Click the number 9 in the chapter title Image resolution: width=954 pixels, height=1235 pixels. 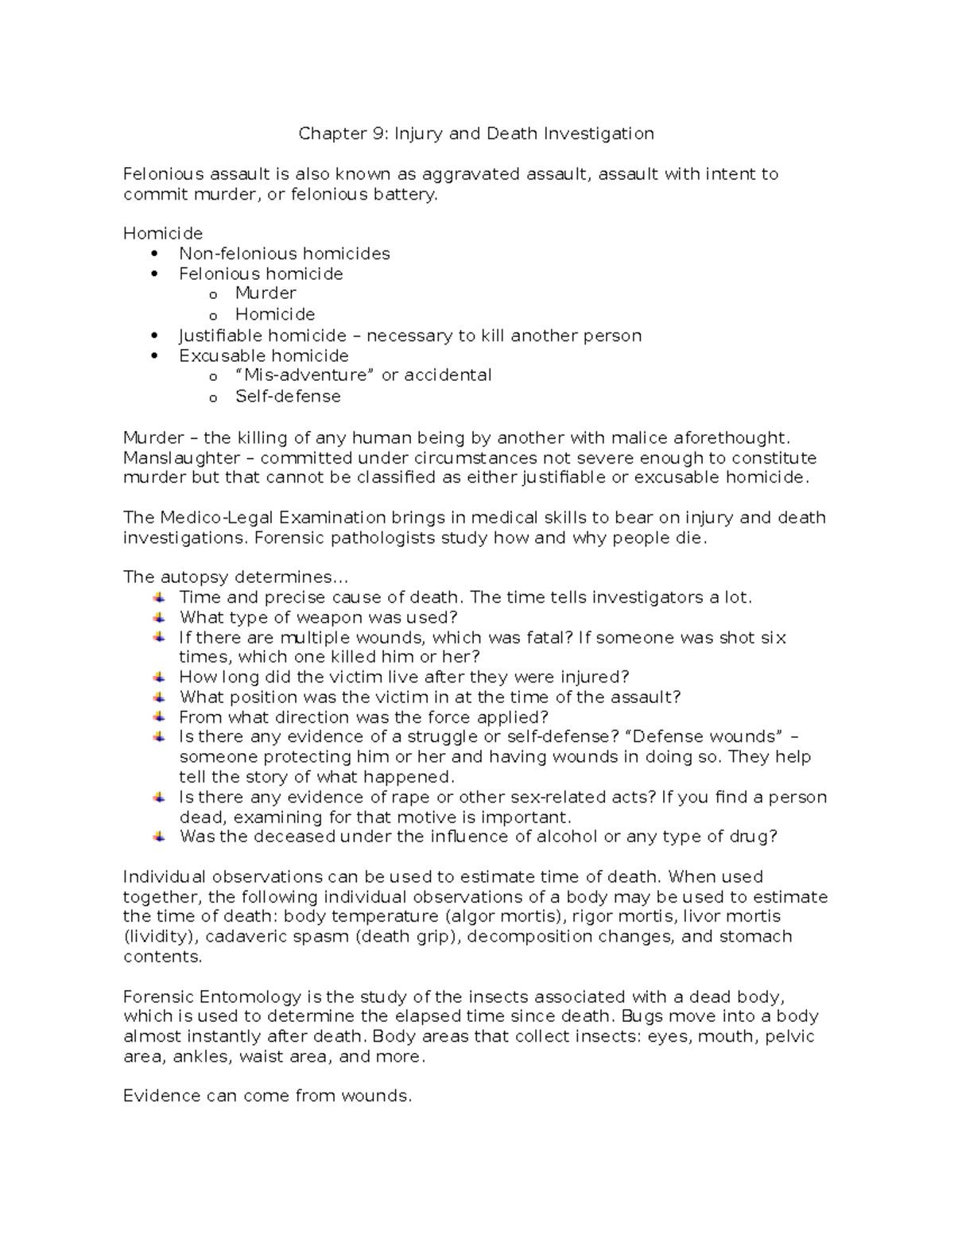click(x=376, y=134)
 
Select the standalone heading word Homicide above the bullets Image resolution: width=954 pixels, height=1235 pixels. click(x=163, y=234)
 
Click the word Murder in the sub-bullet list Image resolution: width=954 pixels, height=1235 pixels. click(x=266, y=293)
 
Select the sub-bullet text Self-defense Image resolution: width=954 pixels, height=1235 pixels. click(x=288, y=396)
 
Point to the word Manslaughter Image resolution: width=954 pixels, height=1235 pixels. click(x=181, y=458)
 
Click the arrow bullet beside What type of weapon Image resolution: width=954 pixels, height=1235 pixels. click(x=160, y=617)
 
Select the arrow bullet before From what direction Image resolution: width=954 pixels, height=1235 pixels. click(x=160, y=717)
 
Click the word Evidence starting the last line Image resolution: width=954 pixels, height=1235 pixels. click(x=161, y=1097)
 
